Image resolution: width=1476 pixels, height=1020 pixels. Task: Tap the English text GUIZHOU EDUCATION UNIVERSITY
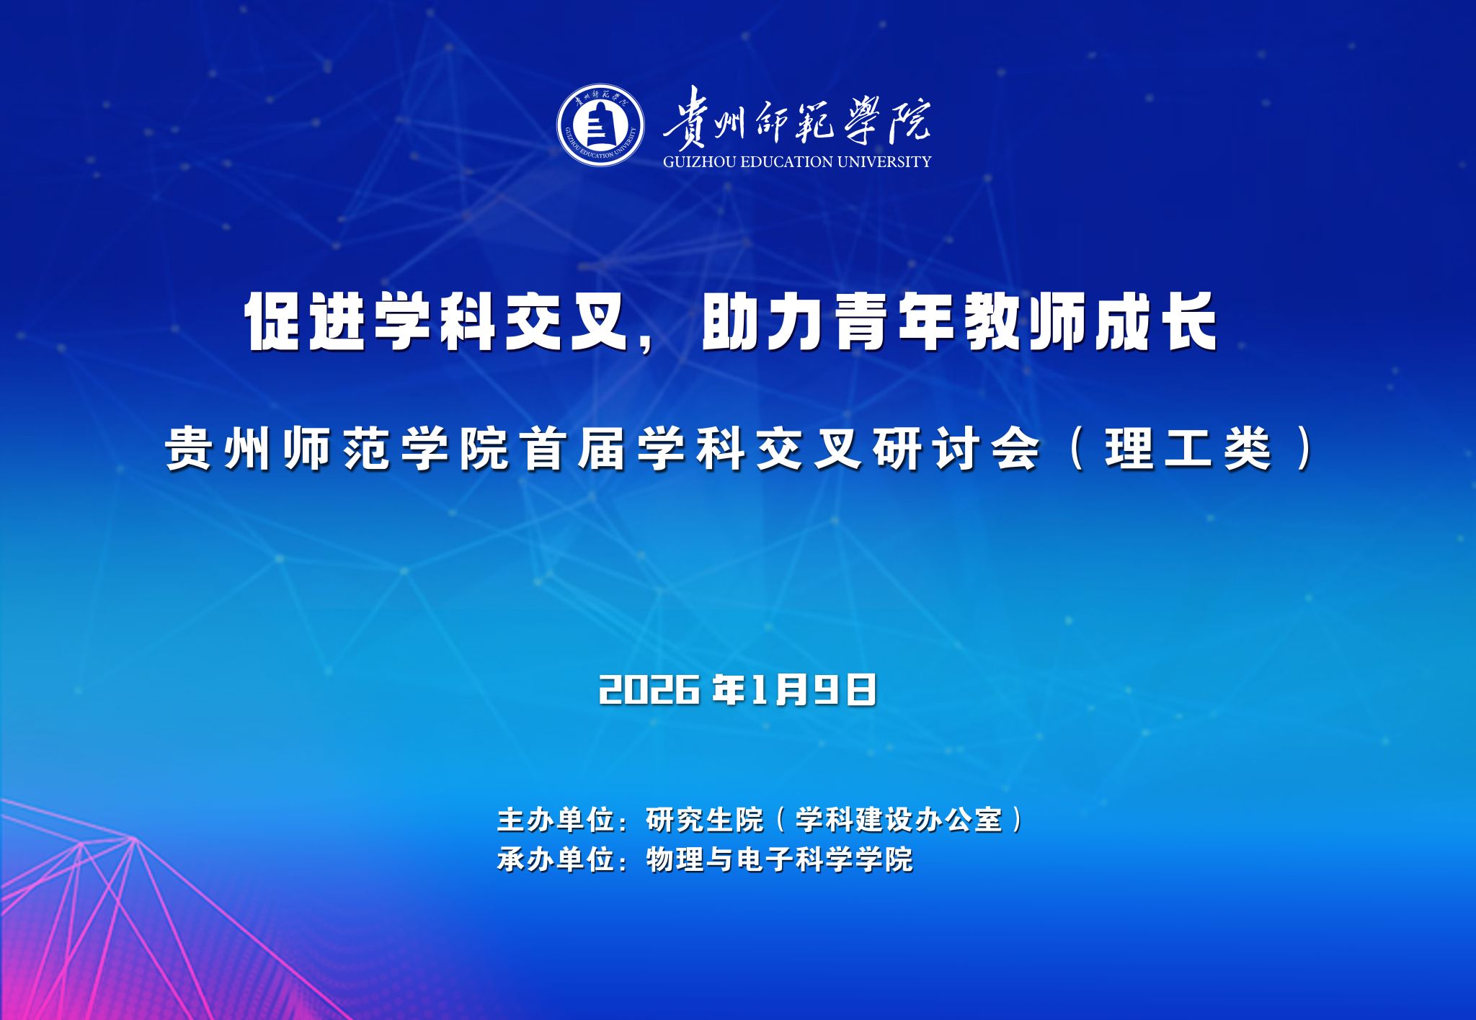pos(797,161)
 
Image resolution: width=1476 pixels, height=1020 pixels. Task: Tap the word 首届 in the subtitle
pos(574,449)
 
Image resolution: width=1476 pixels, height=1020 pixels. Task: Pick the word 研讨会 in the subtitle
pos(956,449)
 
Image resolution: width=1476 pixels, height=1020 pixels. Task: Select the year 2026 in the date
pos(649,690)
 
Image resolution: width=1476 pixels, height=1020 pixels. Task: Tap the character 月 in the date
pos(791,690)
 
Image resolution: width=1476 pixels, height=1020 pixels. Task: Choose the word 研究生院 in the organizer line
pos(705,820)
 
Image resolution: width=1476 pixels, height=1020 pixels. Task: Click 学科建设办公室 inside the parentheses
pos(899,820)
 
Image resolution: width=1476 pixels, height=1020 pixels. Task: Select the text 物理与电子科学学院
pos(780,859)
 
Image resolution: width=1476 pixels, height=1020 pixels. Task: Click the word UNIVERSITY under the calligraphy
pos(884,161)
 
